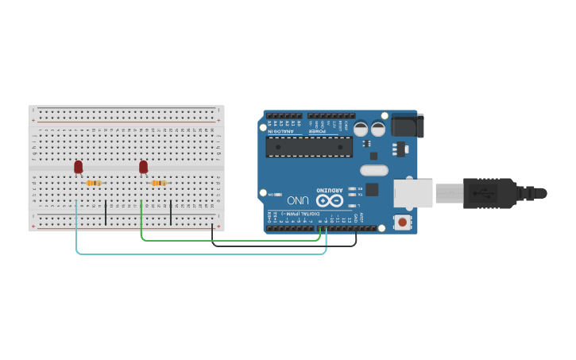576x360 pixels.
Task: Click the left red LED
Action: pos(78,167)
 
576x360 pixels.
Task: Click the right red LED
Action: pos(143,167)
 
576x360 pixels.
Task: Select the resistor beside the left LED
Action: pos(94,184)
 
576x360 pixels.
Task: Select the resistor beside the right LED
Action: pos(159,184)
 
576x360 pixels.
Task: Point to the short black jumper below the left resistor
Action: pos(106,212)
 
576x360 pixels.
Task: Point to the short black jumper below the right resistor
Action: pos(171,212)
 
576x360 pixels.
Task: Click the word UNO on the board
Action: pos(298,200)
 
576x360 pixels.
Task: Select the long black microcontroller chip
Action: pos(309,147)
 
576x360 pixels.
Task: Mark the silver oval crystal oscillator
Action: pos(373,169)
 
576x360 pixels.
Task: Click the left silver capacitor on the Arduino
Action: pos(361,129)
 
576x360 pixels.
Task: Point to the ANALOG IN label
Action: pos(282,131)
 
